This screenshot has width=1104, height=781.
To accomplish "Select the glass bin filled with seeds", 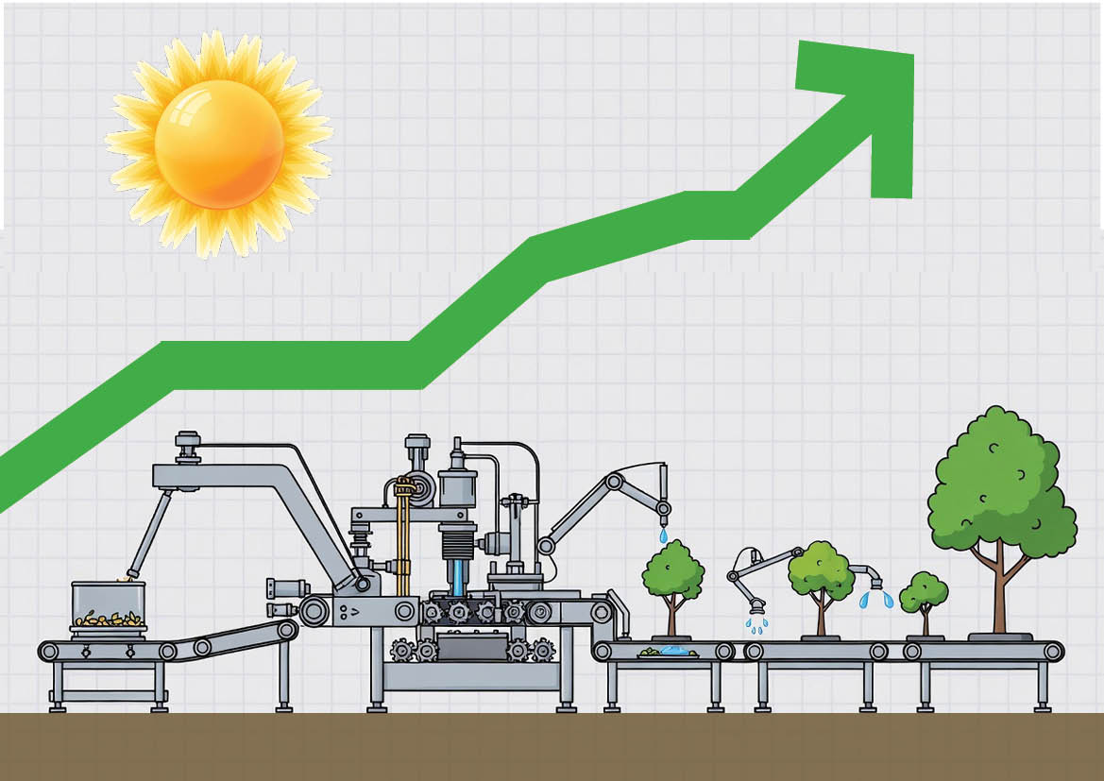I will pyautogui.click(x=109, y=607).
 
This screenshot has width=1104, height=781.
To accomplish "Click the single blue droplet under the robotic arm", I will pyautogui.click(x=663, y=535).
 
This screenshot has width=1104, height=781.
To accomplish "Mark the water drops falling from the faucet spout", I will pyautogui.click(x=875, y=599).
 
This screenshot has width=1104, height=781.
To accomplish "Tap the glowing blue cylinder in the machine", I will pyautogui.click(x=458, y=577).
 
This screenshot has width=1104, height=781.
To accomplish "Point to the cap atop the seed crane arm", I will pyautogui.click(x=188, y=439).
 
